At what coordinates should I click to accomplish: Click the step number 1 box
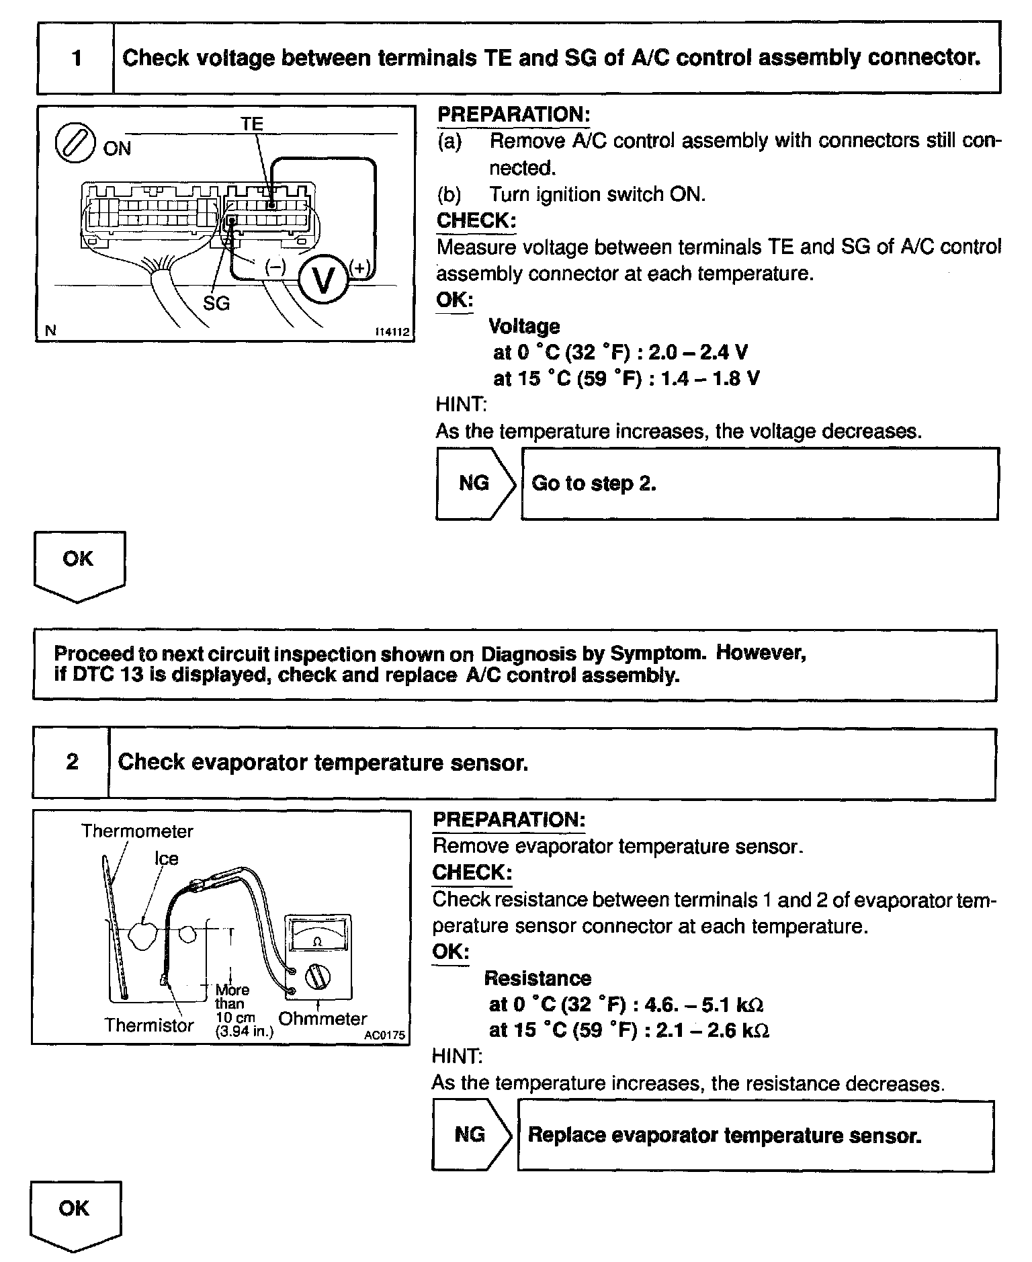[76, 58]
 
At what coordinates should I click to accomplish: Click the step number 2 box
[72, 763]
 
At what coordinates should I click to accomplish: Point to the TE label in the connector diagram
[252, 124]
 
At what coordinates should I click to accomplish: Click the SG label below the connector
[216, 304]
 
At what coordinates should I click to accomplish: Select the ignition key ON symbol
[74, 144]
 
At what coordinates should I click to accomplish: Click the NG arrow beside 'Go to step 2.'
[474, 484]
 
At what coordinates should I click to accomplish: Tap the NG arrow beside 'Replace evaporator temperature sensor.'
[470, 1135]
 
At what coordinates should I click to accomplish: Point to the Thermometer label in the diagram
[137, 831]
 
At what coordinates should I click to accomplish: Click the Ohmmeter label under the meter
[322, 1019]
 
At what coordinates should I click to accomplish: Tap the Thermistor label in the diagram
[149, 1025]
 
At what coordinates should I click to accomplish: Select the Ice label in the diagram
[166, 859]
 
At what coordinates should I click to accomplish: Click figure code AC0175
[384, 1036]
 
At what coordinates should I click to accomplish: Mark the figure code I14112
[392, 332]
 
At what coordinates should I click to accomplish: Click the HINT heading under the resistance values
[456, 1056]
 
